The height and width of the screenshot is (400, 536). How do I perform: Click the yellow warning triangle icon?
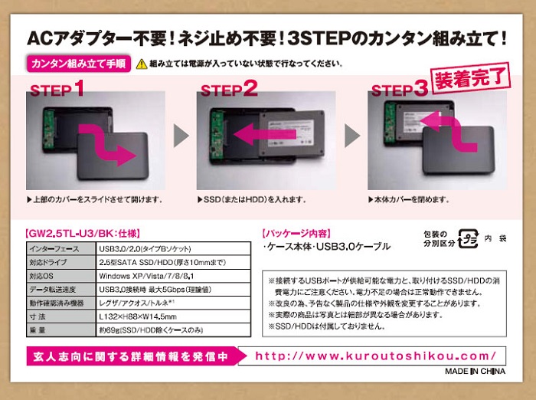(142, 64)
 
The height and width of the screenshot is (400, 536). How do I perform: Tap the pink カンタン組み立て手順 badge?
(79, 64)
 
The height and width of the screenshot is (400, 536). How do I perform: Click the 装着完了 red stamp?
(470, 78)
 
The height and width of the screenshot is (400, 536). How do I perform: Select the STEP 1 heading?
(57, 89)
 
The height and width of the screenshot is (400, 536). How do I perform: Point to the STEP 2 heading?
(229, 89)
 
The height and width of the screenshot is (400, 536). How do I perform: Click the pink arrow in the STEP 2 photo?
(265, 134)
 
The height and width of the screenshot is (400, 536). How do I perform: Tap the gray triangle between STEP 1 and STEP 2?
(181, 136)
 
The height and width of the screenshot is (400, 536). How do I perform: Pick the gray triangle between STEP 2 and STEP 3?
(352, 136)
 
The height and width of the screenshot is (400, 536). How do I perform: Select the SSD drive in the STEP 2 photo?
(292, 133)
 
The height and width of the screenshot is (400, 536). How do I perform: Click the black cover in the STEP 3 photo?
(459, 150)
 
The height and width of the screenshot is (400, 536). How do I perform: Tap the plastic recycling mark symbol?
(468, 238)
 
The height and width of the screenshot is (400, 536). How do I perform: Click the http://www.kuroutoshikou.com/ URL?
(375, 356)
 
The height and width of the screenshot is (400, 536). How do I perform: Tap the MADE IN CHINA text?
(475, 371)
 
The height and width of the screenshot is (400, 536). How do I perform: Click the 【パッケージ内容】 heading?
(297, 234)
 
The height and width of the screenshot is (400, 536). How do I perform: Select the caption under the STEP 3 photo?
(409, 199)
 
